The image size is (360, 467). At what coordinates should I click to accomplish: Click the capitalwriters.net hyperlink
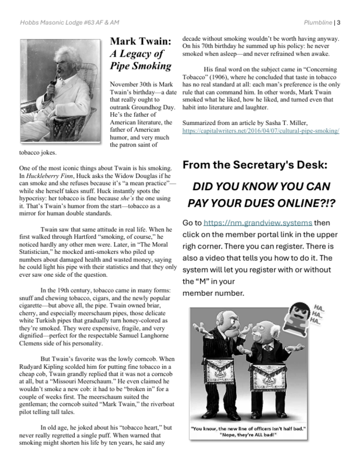tap(260, 132)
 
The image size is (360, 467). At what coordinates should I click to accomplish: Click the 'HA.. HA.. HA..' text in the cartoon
tap(319, 314)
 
